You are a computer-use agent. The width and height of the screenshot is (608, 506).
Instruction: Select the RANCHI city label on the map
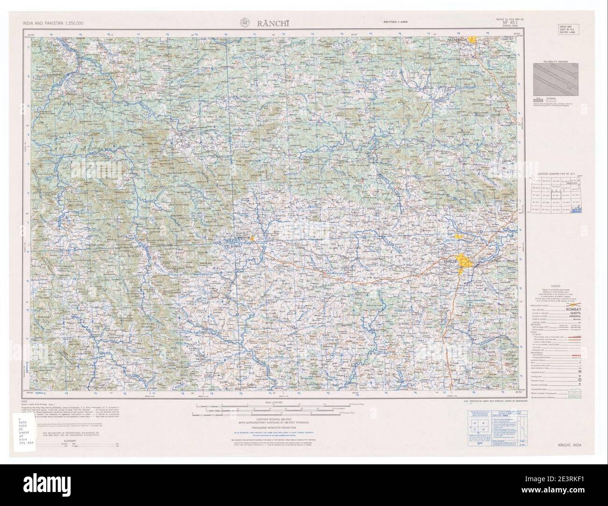coord(450,261)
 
